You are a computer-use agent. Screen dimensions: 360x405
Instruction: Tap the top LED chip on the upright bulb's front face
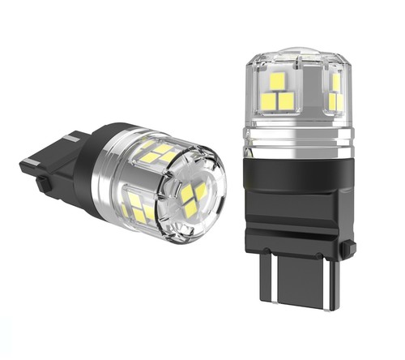[277, 82]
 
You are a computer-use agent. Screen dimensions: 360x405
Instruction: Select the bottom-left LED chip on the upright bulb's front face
[269, 101]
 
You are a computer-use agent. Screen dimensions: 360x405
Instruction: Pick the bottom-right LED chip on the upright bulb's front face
[286, 100]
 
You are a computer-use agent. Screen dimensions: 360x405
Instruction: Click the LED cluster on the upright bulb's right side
[335, 92]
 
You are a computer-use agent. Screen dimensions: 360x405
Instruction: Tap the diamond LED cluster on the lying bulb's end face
[194, 198]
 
